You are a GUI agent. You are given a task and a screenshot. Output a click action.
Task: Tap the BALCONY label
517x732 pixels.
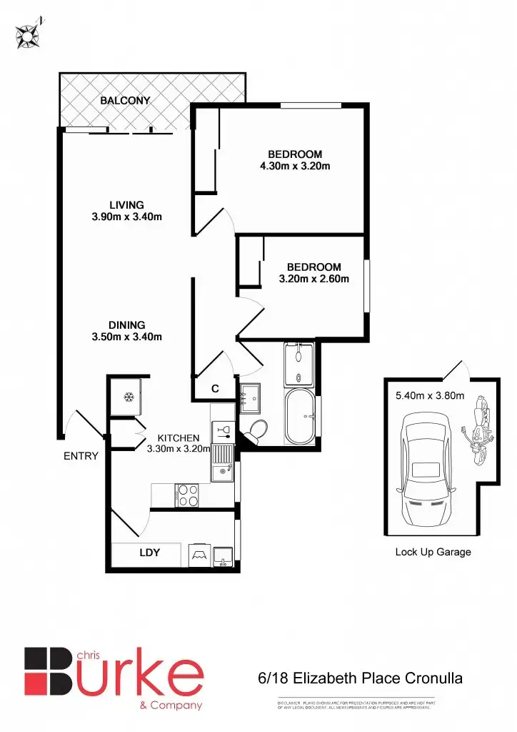tap(125, 101)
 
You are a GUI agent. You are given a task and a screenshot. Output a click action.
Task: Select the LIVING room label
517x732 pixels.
tap(126, 205)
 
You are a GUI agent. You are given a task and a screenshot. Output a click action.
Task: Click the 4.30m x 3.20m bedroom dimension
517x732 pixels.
tap(295, 166)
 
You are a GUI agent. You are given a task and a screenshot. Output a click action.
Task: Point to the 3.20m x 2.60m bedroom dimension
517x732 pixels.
tap(313, 279)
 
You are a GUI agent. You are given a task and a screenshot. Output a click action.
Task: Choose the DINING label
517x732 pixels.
tap(127, 325)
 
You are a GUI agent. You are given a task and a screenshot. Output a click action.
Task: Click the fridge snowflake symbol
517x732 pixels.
tap(129, 397)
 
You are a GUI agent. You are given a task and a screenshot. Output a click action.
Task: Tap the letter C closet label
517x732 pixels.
tap(214, 389)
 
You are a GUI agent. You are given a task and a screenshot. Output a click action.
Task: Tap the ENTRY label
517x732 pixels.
tap(81, 456)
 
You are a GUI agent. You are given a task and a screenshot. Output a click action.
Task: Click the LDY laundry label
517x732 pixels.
tap(149, 553)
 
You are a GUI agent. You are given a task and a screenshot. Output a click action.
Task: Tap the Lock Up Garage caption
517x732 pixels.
tap(433, 552)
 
